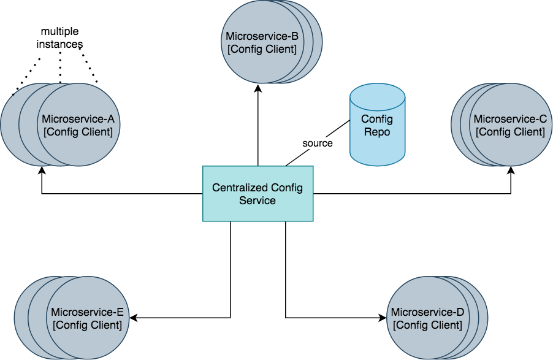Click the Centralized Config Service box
click(257, 193)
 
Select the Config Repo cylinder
click(377, 125)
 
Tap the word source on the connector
click(318, 144)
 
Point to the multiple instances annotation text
click(61, 38)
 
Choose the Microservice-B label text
click(262, 36)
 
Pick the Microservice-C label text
click(510, 119)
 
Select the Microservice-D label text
click(427, 313)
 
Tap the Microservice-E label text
click(88, 313)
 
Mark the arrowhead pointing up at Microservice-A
click(42, 171)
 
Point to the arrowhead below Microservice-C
click(511, 171)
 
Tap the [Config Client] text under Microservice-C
click(510, 131)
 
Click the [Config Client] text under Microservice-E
click(88, 325)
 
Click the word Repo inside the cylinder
click(376, 131)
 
